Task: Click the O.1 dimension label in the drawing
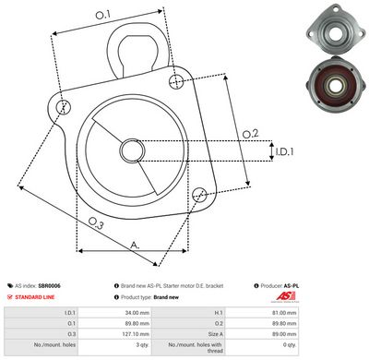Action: (x=102, y=14)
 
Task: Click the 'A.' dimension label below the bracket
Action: (x=135, y=244)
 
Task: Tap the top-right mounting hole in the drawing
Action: (x=175, y=82)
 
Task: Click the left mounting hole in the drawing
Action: (x=63, y=108)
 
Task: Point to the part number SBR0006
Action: (x=50, y=287)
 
